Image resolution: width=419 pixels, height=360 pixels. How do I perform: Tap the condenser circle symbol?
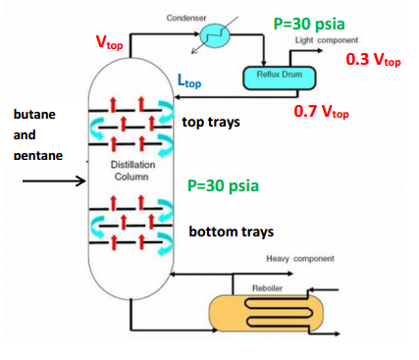coord(211,37)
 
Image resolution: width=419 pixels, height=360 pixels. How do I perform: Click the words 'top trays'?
coord(211,124)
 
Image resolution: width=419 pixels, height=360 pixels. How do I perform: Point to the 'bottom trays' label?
coord(231,232)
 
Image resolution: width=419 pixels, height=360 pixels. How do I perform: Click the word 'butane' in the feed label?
coord(34,114)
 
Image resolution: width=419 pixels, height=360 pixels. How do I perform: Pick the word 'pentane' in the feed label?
coord(37,155)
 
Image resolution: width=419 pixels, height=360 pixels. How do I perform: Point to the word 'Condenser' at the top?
coord(186,19)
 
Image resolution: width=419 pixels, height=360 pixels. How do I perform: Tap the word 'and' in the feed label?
coord(24,135)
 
